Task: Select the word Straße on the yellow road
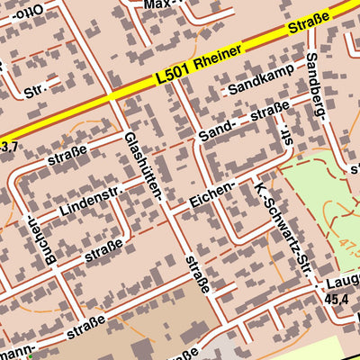[310, 24]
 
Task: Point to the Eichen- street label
[213, 193]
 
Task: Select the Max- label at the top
[163, 4]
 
